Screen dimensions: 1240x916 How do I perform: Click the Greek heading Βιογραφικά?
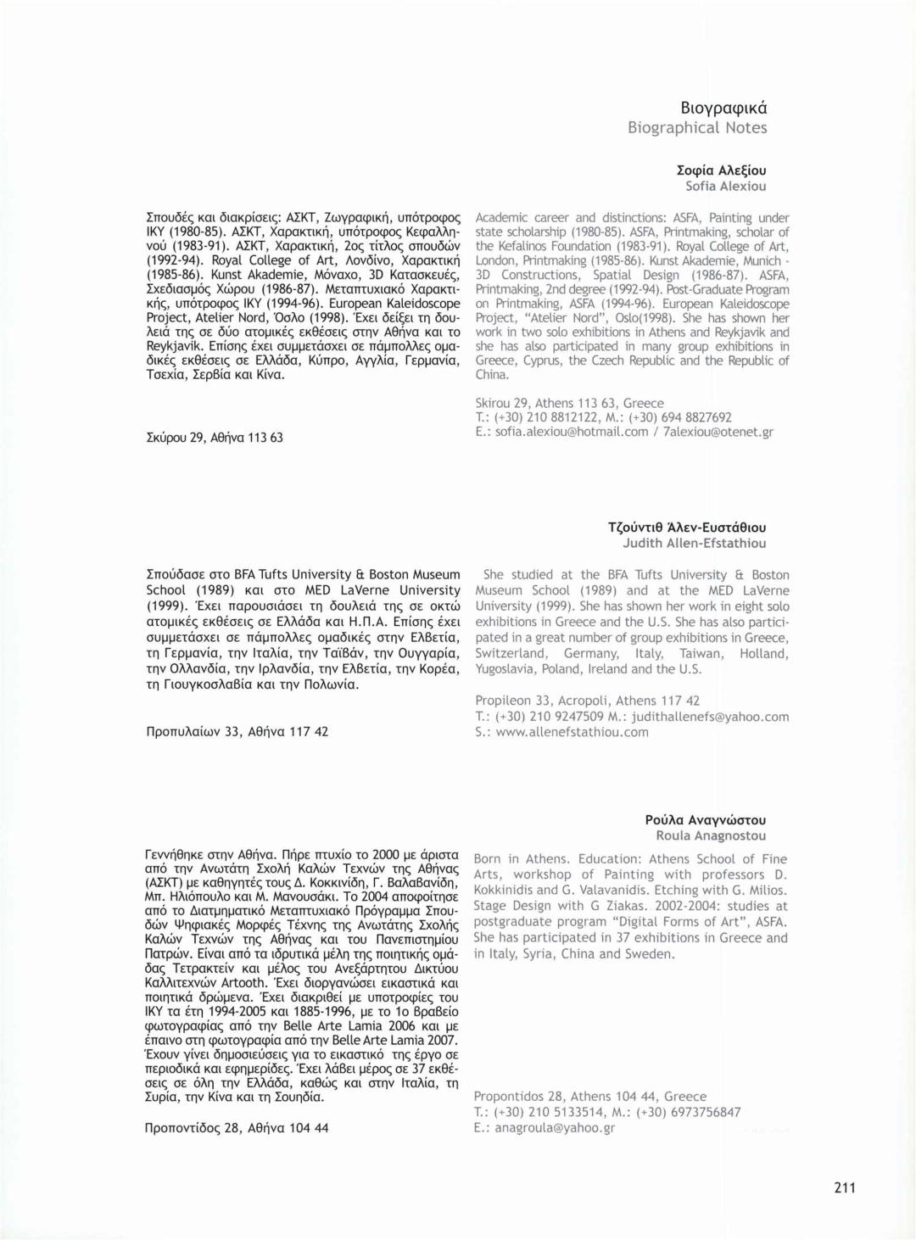pos(723,109)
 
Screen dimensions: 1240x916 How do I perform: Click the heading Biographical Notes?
pos(697,128)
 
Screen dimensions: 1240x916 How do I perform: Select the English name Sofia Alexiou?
pos(725,186)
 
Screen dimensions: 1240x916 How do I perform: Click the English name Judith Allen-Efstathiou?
pos(694,543)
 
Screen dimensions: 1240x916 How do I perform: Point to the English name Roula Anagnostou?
pos(711,835)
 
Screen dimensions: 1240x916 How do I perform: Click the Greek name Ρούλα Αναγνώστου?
pos(705,820)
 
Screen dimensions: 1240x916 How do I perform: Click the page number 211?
pos(845,1187)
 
